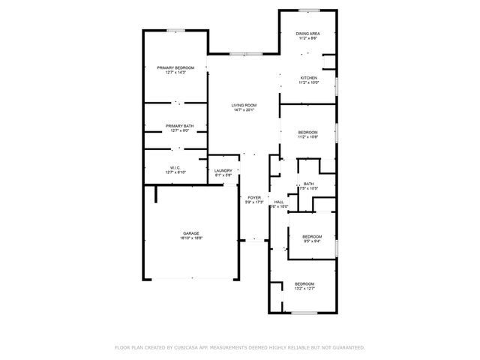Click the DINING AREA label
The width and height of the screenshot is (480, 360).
[x=308, y=34]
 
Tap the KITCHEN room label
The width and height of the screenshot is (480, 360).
[x=308, y=78]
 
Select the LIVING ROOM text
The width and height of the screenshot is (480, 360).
[x=244, y=105]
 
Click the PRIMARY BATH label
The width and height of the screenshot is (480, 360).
[x=175, y=126]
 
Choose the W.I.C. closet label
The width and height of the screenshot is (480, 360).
[x=175, y=168]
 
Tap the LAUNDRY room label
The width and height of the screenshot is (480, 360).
[x=223, y=170]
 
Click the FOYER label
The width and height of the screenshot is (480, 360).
[x=254, y=198]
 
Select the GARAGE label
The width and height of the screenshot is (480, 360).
[x=190, y=233]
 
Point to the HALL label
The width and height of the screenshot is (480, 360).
[x=278, y=202]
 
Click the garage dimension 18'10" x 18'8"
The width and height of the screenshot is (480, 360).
[x=190, y=238]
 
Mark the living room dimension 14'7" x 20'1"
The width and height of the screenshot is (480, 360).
[x=244, y=110]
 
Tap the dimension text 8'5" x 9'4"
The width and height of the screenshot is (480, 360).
[x=312, y=241]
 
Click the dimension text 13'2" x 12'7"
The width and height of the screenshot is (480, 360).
[x=304, y=288]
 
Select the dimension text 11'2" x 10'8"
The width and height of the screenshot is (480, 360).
[x=308, y=137]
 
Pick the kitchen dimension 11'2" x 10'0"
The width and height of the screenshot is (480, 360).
[x=308, y=83]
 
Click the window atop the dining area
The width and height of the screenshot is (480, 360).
[x=308, y=10]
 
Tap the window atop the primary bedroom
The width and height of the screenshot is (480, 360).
[x=176, y=31]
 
